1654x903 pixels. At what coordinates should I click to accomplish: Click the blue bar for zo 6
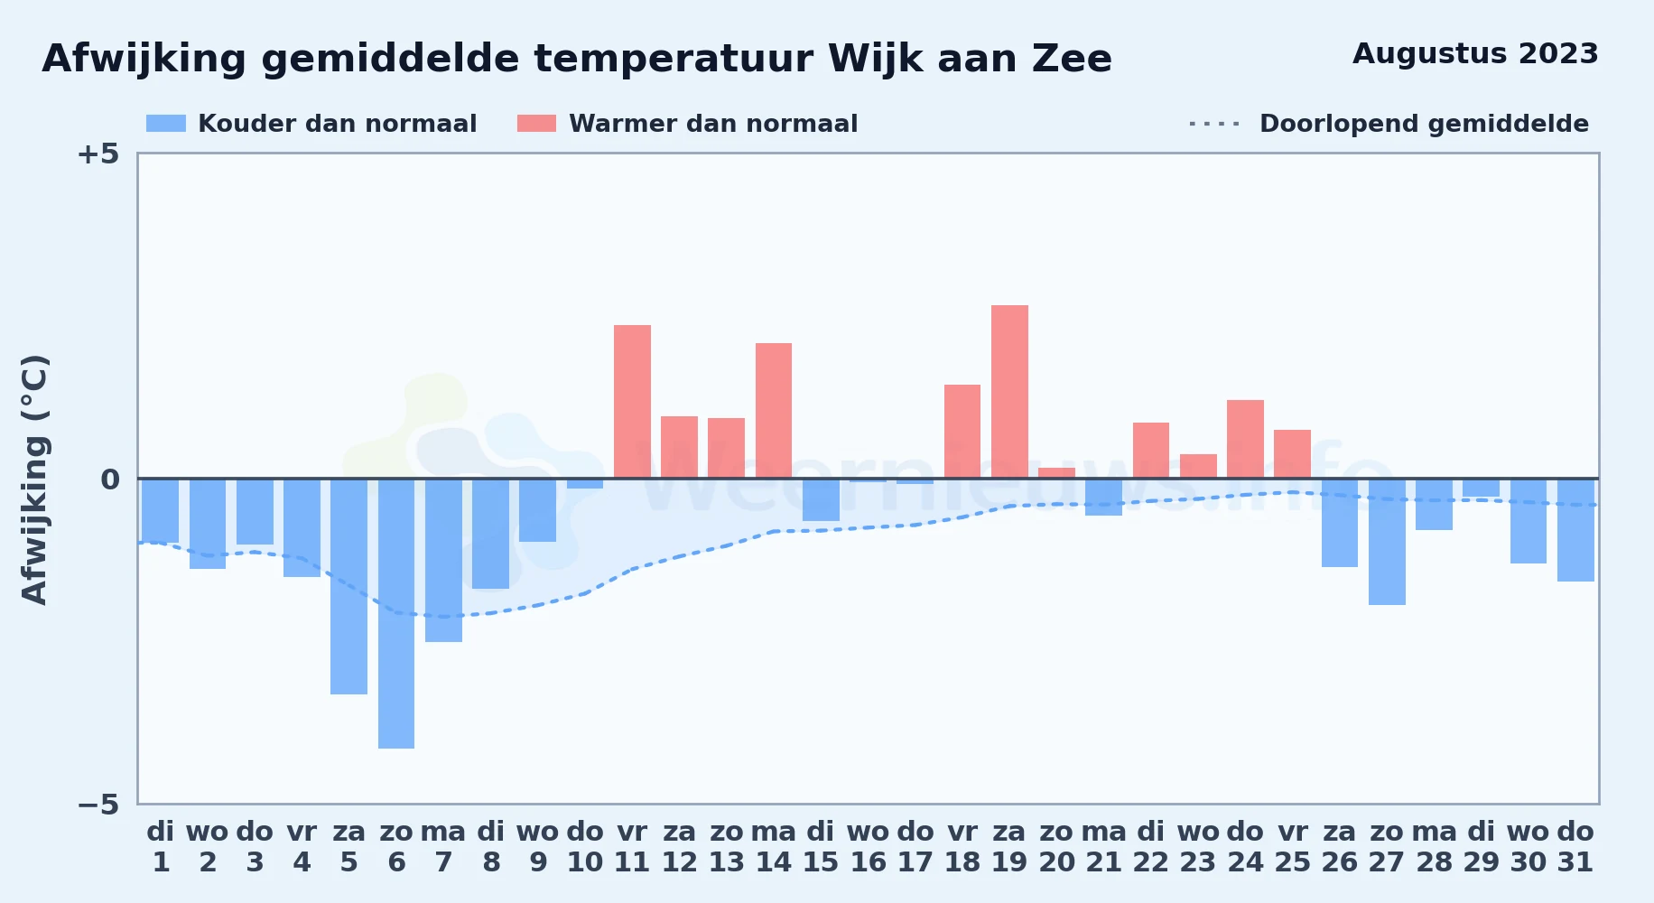(x=396, y=613)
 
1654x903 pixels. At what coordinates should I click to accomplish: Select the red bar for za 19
(x=1009, y=392)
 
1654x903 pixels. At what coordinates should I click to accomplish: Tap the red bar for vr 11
(x=632, y=402)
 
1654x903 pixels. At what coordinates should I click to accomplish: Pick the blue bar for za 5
(x=348, y=586)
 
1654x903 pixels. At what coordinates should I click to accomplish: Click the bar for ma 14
(x=774, y=411)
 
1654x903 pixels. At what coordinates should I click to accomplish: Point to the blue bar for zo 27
(x=1387, y=542)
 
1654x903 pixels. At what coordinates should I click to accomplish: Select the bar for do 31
(x=1575, y=530)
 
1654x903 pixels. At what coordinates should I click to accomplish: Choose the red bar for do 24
(x=1245, y=439)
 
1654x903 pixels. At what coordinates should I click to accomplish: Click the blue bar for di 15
(x=821, y=499)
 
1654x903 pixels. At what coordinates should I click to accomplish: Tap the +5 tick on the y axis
(x=98, y=154)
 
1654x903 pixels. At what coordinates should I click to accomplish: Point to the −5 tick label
(x=98, y=804)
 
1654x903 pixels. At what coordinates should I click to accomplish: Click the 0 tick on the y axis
(x=110, y=479)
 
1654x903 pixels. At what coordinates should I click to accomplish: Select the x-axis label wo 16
(x=868, y=846)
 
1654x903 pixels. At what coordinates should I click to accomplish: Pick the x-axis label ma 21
(x=1103, y=846)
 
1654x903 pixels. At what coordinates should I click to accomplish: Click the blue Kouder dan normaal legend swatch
(x=166, y=124)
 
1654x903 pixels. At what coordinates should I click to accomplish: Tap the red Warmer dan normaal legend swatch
(x=536, y=124)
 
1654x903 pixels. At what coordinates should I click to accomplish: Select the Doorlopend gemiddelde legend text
(x=1424, y=124)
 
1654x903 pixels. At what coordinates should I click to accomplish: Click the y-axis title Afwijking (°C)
(x=34, y=479)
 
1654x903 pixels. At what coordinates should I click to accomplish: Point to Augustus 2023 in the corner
(x=1475, y=53)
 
